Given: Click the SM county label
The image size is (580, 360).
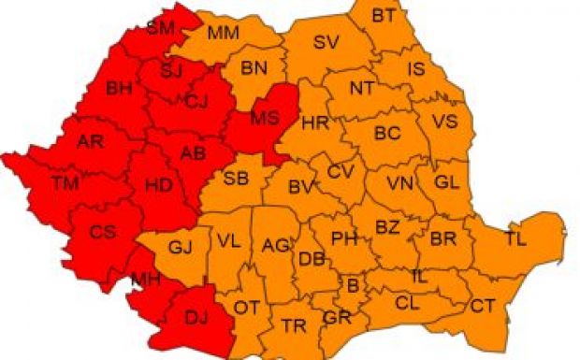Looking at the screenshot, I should tap(161, 28).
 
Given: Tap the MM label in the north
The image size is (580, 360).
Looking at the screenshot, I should tap(223, 34).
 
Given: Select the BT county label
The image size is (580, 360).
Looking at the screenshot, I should tap(384, 15).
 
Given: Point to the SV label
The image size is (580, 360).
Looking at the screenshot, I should tap(326, 42).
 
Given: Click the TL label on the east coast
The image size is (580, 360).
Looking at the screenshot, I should tap(515, 238).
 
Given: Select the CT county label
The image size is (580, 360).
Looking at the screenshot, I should tap(483, 306).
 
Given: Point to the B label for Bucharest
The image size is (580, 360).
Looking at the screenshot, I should tap(353, 284).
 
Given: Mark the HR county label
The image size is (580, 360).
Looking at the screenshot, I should tap(312, 122).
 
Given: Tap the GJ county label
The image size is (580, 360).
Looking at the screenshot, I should tap(180, 248).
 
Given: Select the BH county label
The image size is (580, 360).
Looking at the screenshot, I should tap(120, 90).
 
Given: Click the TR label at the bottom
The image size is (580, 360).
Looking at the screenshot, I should tap(294, 325).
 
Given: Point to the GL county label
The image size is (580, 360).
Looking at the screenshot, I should tap(447, 182).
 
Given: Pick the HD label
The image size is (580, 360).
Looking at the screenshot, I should tap(159, 185).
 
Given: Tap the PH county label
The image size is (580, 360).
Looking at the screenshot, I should tap(344, 238).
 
